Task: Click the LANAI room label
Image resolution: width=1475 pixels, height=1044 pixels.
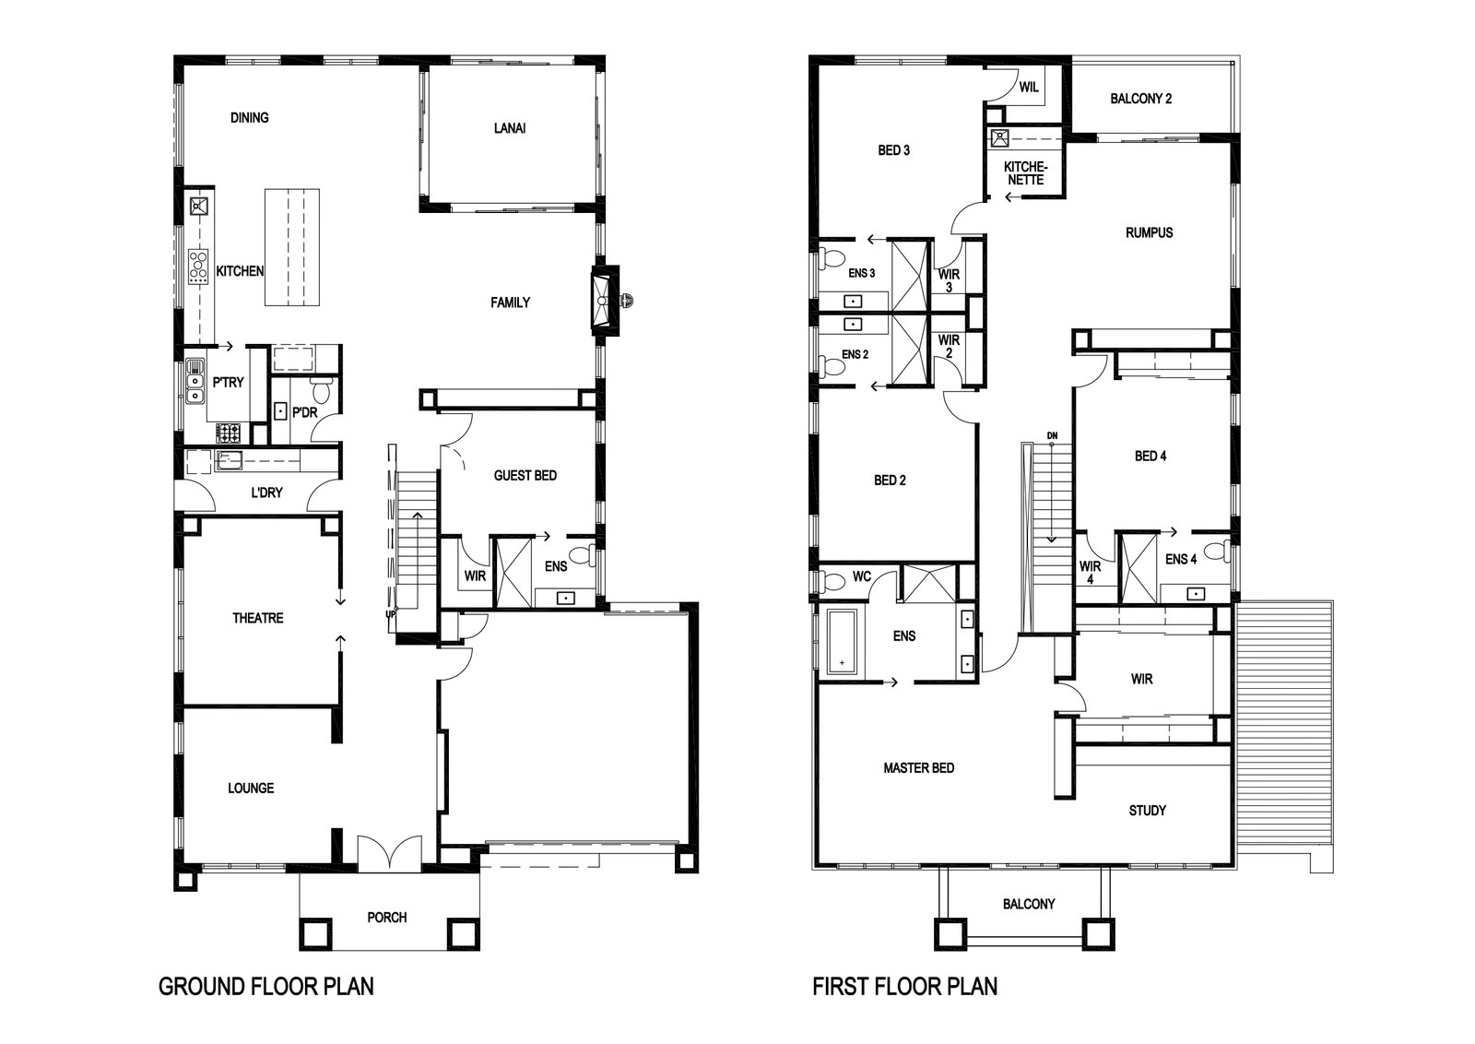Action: [x=510, y=128]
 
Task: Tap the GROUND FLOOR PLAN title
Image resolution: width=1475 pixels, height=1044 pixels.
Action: [x=266, y=986]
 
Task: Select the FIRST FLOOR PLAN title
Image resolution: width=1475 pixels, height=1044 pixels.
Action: [x=904, y=986]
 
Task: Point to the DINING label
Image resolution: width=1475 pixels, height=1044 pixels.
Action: [x=250, y=117]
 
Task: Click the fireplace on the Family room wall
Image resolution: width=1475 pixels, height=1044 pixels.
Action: [x=605, y=301]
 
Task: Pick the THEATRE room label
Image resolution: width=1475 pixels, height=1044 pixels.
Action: [x=257, y=618]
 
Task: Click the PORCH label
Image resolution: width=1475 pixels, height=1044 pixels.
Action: [x=387, y=917]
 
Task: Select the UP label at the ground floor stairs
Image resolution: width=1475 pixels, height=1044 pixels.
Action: [x=391, y=614]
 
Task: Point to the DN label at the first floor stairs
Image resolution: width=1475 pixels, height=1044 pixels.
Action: [x=1052, y=435]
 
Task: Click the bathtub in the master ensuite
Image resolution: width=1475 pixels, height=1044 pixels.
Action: [x=842, y=642]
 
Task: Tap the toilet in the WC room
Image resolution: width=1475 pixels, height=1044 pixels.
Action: [x=832, y=582]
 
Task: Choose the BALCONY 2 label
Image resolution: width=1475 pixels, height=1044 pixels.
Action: [x=1141, y=98]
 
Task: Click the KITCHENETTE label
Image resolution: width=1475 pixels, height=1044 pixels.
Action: [x=1025, y=173]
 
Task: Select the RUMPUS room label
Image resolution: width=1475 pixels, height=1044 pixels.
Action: [x=1149, y=231]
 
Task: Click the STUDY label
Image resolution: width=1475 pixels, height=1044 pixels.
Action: [x=1147, y=810]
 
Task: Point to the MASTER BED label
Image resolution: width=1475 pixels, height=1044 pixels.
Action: [x=918, y=767]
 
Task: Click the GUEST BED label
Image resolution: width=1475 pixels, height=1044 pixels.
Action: [x=525, y=475]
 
